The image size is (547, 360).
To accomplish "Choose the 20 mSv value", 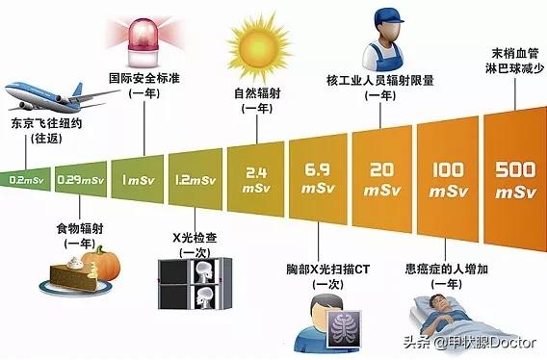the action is pyautogui.click(x=379, y=179).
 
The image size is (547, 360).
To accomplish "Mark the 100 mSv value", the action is pyautogui.click(x=442, y=179).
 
